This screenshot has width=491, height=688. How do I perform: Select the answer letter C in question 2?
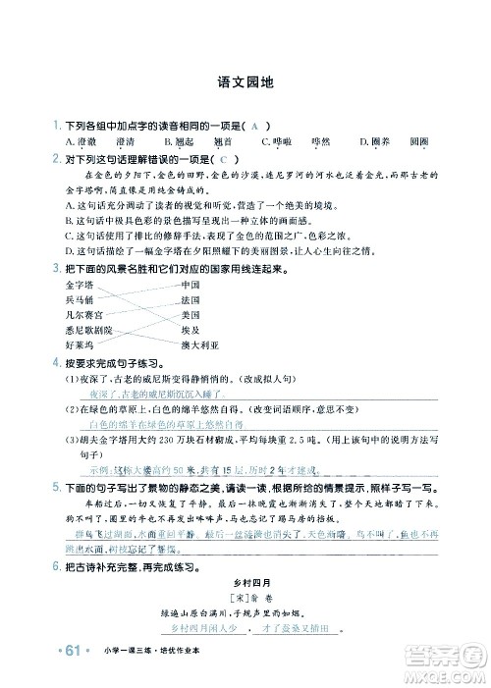coord(224,159)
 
